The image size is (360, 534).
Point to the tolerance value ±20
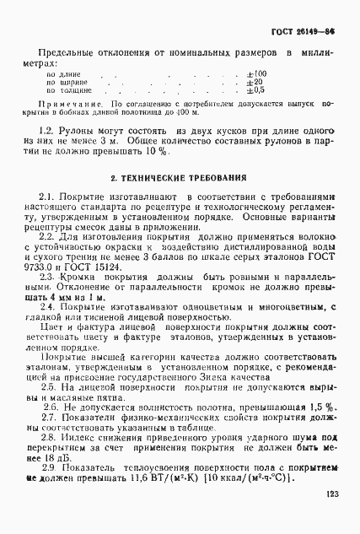[254, 82]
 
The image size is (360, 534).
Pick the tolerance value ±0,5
[255, 90]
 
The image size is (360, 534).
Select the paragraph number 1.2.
[49, 133]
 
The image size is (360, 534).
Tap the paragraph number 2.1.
[49, 196]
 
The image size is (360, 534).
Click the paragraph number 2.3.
[49, 276]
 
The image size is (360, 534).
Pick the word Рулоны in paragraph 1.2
[82, 133]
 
